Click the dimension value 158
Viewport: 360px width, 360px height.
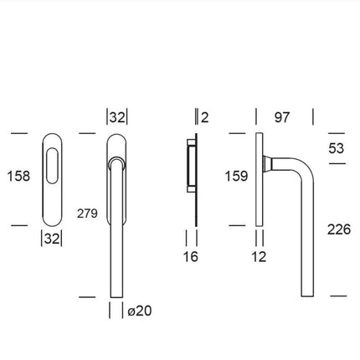18,177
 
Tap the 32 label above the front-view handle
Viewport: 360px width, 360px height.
117,117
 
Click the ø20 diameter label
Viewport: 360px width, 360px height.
140,311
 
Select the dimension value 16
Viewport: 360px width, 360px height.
191,256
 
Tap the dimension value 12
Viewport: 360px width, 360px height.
259,256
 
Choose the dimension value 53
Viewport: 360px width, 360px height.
337,147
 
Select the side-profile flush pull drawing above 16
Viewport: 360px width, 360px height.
191,177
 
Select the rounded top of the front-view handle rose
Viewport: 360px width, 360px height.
117,142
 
